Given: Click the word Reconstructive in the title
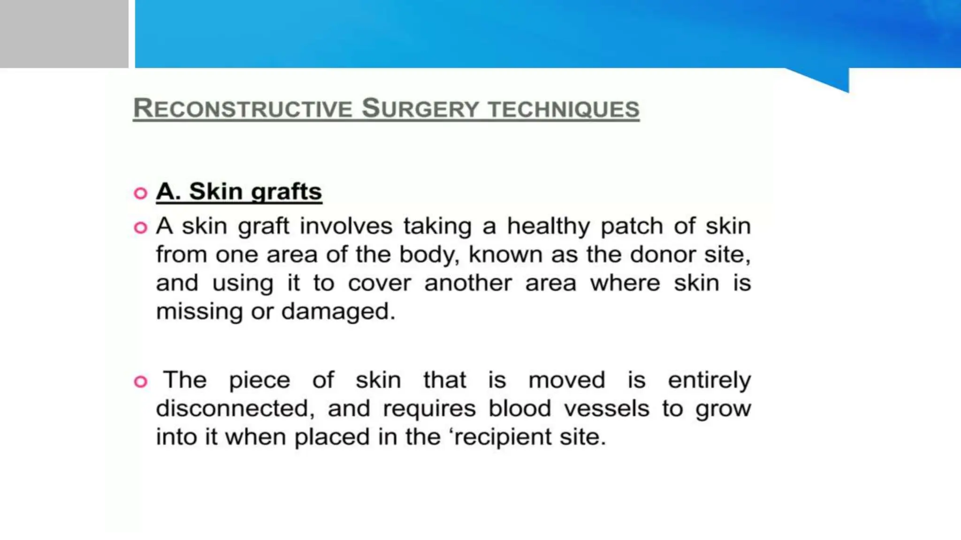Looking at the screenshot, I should pyautogui.click(x=242, y=109).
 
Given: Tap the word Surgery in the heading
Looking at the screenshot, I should pyautogui.click(x=419, y=109).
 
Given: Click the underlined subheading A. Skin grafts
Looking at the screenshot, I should pyautogui.click(x=239, y=192).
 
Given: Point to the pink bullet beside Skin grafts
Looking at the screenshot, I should pyautogui.click(x=140, y=193).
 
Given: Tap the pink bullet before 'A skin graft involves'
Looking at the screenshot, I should pyautogui.click(x=140, y=228).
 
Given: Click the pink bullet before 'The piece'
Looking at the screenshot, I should pyautogui.click(x=140, y=382).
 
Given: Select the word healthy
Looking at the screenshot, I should pyautogui.click(x=548, y=227).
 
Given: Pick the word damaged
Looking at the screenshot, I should pyautogui.click(x=338, y=312).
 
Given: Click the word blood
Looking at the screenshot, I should pyautogui.click(x=519, y=409).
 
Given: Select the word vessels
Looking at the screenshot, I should pyautogui.click(x=606, y=409).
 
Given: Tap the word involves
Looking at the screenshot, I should pyautogui.click(x=346, y=227).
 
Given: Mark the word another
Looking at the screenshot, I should pyautogui.click(x=468, y=284).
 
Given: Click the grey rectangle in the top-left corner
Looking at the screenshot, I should pyautogui.click(x=64, y=34).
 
